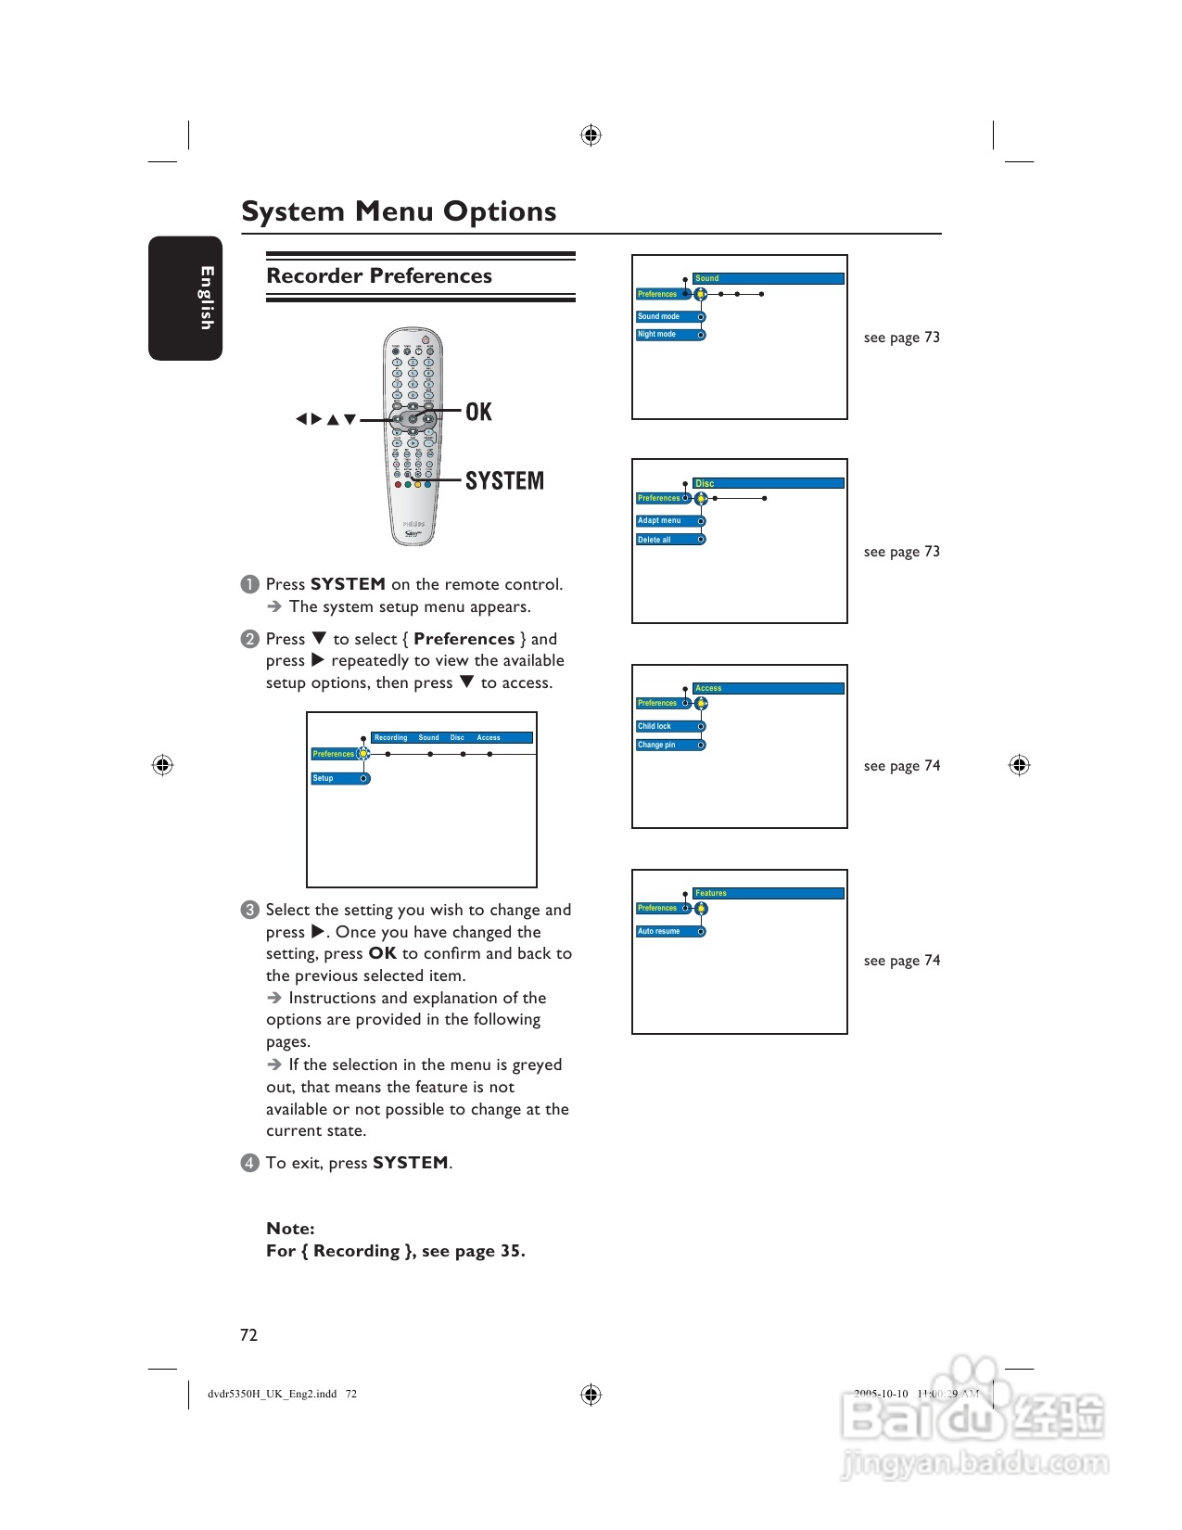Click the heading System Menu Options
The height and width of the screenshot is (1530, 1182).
coord(399,211)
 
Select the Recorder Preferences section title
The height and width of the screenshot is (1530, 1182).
coord(379,276)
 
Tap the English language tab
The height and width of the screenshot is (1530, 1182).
coord(205,298)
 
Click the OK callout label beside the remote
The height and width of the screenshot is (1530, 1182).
coord(478,412)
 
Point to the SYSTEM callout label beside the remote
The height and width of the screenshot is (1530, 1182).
coord(504,480)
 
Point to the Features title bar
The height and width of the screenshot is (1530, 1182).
coord(768,894)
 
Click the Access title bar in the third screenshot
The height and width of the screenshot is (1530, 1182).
coord(768,689)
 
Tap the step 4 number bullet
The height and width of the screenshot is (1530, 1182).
coord(249,1163)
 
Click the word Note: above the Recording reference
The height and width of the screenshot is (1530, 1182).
coord(290,1229)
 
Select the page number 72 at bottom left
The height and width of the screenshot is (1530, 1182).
coord(248,1335)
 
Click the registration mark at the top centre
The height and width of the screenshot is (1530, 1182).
coord(591,135)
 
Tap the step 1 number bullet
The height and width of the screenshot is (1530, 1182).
coord(249,584)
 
